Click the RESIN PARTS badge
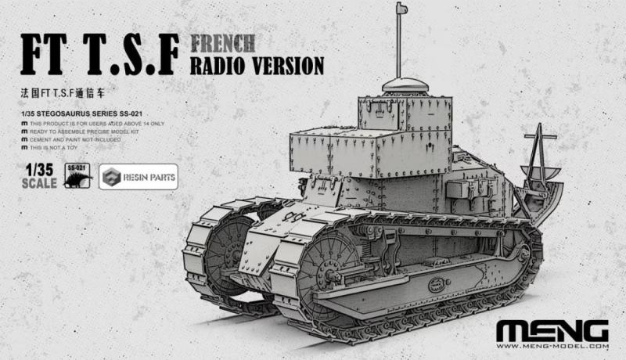pyautogui.click(x=139, y=177)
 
